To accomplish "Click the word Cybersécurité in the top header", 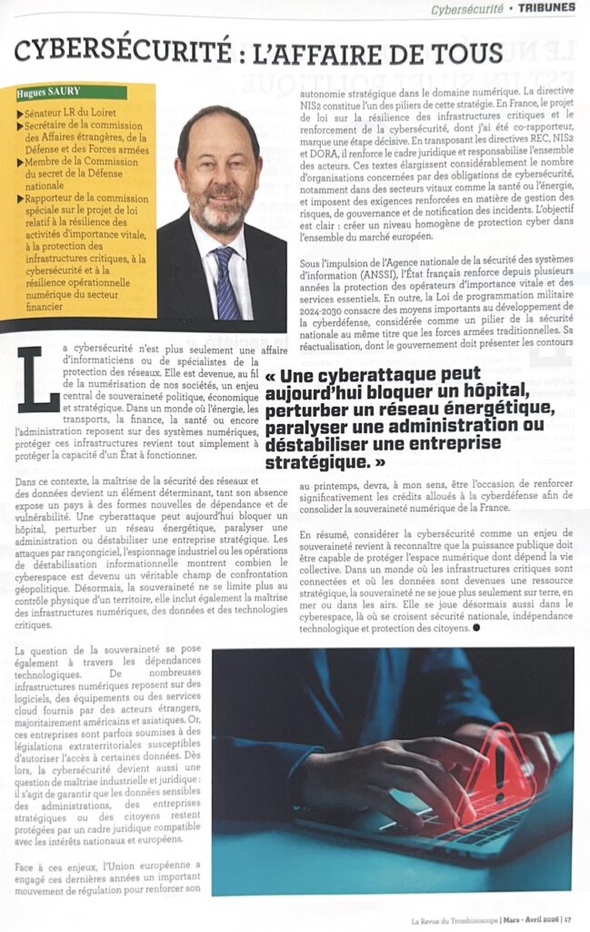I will pos(467,8).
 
